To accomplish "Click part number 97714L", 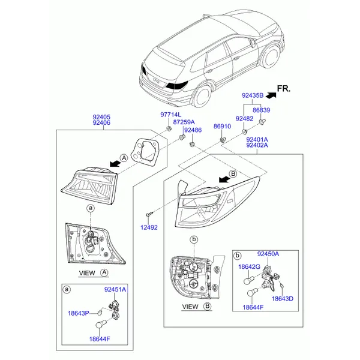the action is [x=170, y=115].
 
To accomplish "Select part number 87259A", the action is [x=184, y=122].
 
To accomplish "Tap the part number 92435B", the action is [x=253, y=95].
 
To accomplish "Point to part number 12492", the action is [x=149, y=227].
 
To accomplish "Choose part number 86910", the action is [x=222, y=126].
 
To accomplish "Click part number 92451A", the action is [x=115, y=290].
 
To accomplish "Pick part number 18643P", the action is [x=79, y=313].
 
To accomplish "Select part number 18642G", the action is [x=250, y=267].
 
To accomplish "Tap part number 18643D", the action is [x=283, y=299].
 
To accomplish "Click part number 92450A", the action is [x=268, y=254].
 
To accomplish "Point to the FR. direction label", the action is [x=284, y=89].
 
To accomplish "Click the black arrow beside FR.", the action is [x=271, y=95].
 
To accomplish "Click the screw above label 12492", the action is [x=149, y=214].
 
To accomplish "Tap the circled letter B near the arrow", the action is [x=233, y=173].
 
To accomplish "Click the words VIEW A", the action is [x=94, y=273].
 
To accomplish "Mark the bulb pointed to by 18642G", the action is [x=248, y=280].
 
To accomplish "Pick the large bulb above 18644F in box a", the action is [x=100, y=324].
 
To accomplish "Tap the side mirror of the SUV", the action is [x=253, y=43].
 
